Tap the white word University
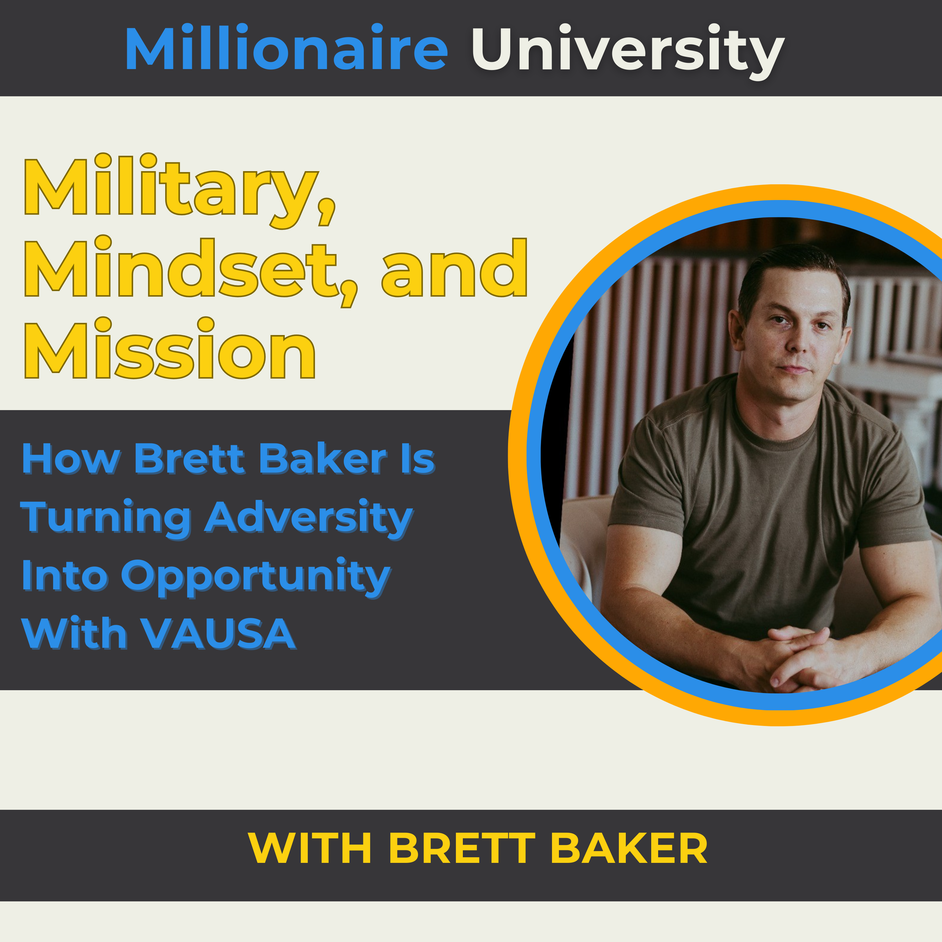pos(627,50)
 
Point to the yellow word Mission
pos(170,350)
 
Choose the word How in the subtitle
pos(71,459)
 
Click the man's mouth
pos(796,369)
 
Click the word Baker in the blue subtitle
pos(323,459)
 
